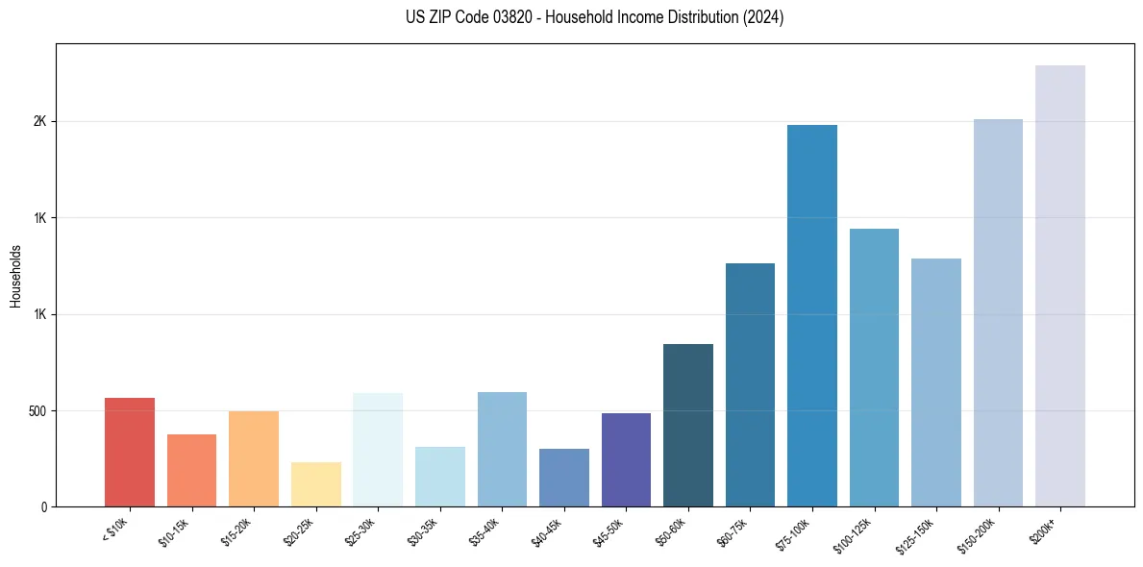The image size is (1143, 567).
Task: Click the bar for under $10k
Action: click(x=130, y=452)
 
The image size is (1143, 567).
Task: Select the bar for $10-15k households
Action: click(x=191, y=470)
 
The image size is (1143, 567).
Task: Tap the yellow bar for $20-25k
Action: click(x=315, y=484)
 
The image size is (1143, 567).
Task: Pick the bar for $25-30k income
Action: click(x=378, y=449)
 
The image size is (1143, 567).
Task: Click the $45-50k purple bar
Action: click(x=626, y=459)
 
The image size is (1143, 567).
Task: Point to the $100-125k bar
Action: click(x=874, y=367)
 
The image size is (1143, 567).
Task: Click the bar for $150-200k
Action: click(x=998, y=312)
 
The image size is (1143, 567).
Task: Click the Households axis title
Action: click(x=16, y=276)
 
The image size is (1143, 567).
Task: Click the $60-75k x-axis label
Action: click(x=733, y=531)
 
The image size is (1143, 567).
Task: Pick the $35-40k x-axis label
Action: click(x=485, y=531)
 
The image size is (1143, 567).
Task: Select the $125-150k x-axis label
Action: click(x=916, y=534)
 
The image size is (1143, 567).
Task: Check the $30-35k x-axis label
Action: click(x=424, y=531)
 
